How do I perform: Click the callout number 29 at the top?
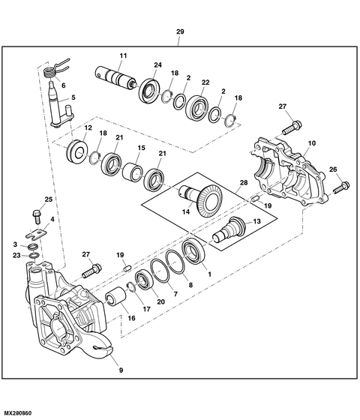coord(179,31)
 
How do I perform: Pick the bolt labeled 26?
coord(339,183)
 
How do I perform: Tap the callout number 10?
coord(312,142)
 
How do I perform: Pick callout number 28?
coord(243,183)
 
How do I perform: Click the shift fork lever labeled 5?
coord(59,106)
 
